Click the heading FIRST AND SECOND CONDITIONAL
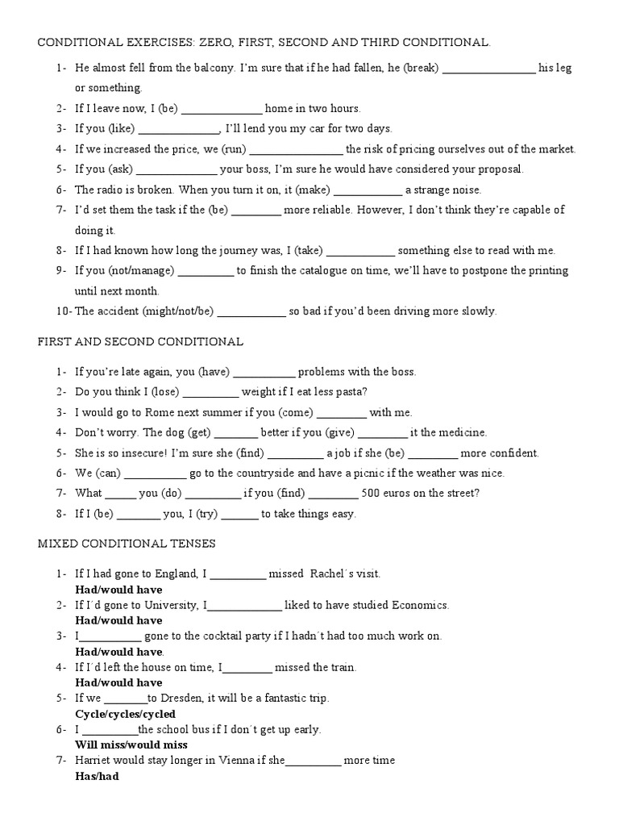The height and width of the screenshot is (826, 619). [x=140, y=341]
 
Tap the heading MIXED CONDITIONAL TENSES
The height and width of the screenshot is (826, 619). [x=127, y=544]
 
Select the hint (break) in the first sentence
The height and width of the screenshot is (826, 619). [x=422, y=68]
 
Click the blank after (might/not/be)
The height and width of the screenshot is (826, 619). [x=251, y=311]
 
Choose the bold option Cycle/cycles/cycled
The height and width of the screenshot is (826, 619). [x=125, y=715]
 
